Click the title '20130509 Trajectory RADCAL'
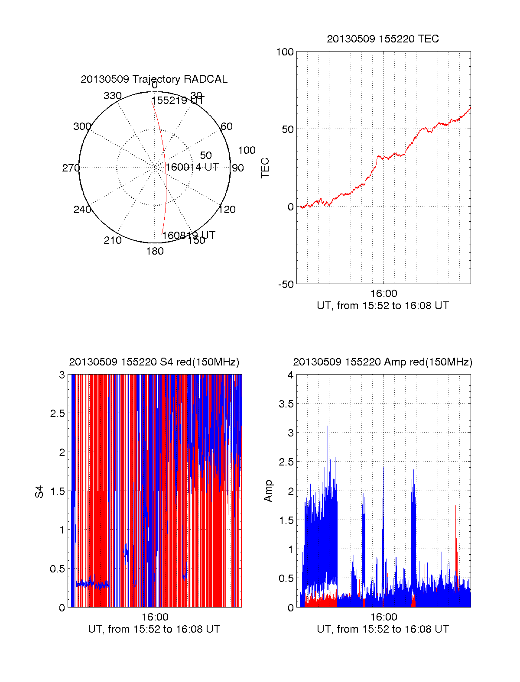tap(154, 79)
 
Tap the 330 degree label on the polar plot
tap(113, 96)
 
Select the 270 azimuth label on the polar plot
tap(71, 168)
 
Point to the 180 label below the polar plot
tap(155, 251)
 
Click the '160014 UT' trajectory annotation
tap(192, 167)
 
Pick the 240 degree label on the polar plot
tap(82, 210)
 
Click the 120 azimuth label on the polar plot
tap(227, 210)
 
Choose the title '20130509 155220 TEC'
tap(383, 39)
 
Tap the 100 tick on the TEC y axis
tap(285, 52)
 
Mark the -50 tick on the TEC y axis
tap(286, 284)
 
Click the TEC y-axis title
tap(265, 168)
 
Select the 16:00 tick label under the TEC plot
tap(383, 294)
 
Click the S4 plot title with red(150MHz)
tap(154, 362)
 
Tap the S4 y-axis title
tap(39, 491)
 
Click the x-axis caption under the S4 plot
tap(154, 629)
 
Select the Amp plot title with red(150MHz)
tap(383, 362)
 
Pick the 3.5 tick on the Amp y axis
tap(286, 404)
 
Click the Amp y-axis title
tap(268, 491)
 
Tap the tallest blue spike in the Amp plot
tap(328, 427)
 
